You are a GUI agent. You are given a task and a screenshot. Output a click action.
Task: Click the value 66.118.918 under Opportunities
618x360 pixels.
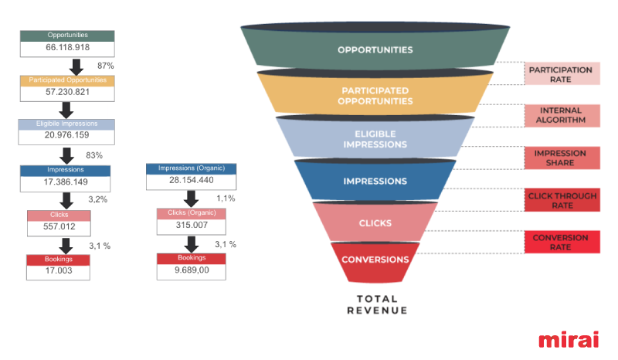pos(67,48)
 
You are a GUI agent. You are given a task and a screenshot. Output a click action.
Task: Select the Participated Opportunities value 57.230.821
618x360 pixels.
pos(67,92)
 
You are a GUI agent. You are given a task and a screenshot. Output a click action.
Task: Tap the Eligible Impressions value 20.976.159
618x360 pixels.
pos(67,136)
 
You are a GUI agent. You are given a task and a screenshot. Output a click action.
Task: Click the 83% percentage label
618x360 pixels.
pos(94,155)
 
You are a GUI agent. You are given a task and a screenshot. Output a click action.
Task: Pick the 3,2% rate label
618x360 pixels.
pos(98,199)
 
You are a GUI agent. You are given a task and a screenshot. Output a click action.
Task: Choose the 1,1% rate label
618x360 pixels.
pos(226,199)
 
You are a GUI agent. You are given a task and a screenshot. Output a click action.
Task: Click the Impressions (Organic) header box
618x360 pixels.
pos(192,168)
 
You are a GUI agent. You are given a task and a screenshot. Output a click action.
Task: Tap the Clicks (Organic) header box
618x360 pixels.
pos(192,213)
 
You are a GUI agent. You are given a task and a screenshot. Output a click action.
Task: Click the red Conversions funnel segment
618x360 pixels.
pos(375,261)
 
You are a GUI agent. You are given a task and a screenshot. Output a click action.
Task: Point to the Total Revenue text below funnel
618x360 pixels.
pos(376,304)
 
